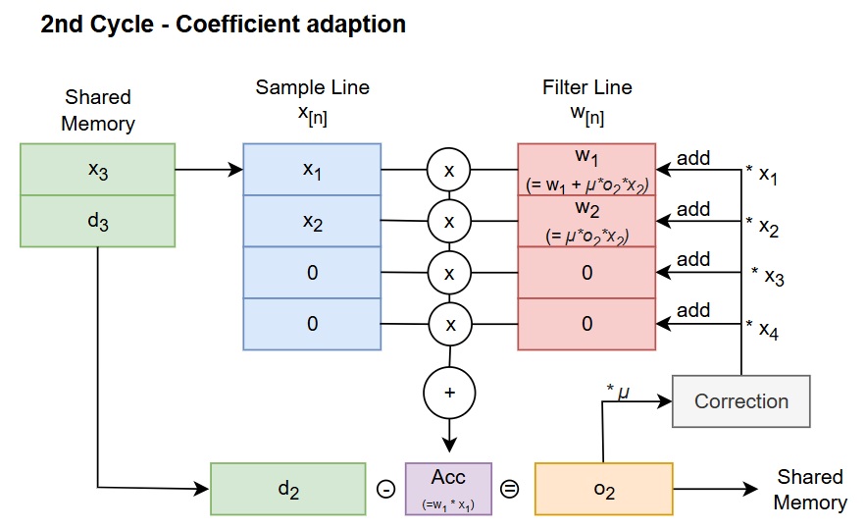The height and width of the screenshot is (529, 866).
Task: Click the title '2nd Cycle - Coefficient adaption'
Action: [x=224, y=25]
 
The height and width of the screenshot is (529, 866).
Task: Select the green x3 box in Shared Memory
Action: [x=97, y=170]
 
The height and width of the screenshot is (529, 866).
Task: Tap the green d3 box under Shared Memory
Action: [x=97, y=222]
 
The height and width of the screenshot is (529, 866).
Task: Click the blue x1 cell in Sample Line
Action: [x=312, y=170]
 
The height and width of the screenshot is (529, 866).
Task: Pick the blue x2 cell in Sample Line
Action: [x=312, y=222]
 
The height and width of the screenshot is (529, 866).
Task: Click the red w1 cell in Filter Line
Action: [x=586, y=170]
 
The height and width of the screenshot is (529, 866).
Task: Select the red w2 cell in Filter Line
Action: [x=586, y=222]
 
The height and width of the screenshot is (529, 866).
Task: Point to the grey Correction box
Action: [x=740, y=401]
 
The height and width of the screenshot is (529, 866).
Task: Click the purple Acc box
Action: [x=448, y=489]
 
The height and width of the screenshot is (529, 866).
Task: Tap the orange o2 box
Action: [x=603, y=489]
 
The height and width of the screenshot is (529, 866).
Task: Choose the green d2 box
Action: [x=288, y=489]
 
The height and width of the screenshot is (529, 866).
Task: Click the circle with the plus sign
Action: [x=449, y=393]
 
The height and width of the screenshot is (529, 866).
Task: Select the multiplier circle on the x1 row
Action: [x=449, y=171]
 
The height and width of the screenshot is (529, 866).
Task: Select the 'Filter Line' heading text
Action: [x=586, y=87]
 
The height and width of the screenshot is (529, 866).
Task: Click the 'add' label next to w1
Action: [x=693, y=157]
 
